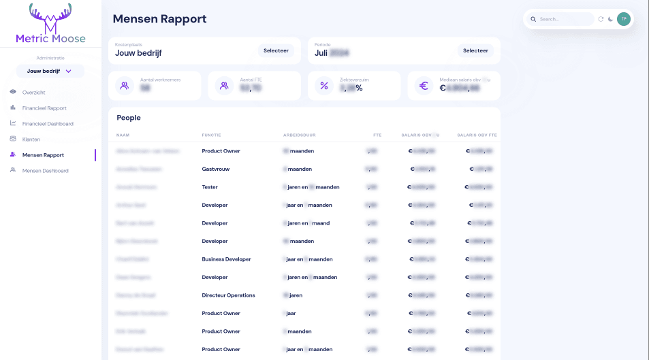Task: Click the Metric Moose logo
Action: click(50, 24)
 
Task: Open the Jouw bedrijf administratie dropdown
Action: click(50, 71)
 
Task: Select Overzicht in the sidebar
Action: click(33, 92)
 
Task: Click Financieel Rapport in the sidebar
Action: click(44, 108)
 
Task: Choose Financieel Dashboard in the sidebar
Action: click(48, 123)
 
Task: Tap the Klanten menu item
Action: click(31, 139)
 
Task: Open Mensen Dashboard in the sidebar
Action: click(45, 170)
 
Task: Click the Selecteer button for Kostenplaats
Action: click(276, 50)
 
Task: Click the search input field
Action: click(564, 19)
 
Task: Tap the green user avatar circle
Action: click(623, 19)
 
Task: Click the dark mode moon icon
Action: click(610, 19)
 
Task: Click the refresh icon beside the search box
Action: click(601, 19)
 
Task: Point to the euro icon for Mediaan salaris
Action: click(424, 86)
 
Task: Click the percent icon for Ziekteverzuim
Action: click(324, 86)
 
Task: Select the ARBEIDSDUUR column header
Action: click(299, 135)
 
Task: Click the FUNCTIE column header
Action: click(211, 135)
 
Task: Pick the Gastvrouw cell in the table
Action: click(215, 169)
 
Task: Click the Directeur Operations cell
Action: click(228, 295)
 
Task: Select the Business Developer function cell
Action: click(226, 259)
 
